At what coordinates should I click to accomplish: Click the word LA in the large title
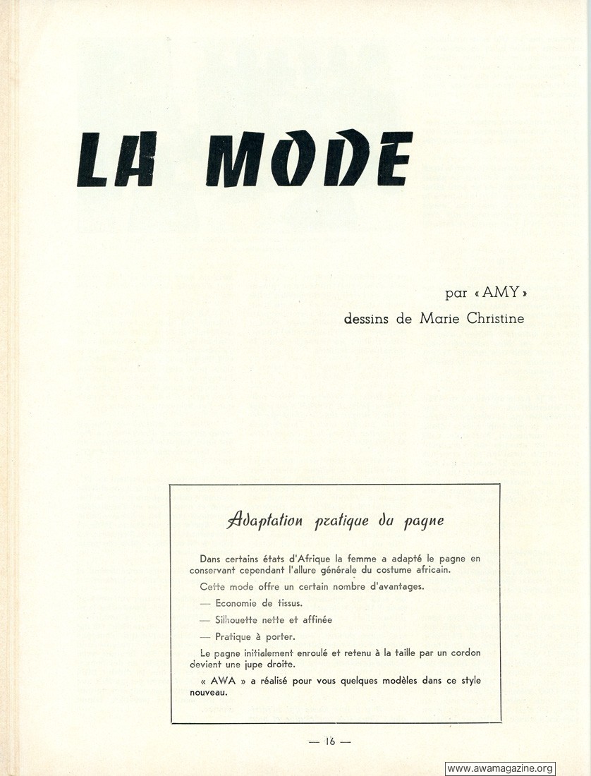(115, 160)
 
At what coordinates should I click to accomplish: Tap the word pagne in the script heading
(423, 523)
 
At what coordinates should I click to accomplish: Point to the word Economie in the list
(240, 603)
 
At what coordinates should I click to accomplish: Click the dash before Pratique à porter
(205, 636)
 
